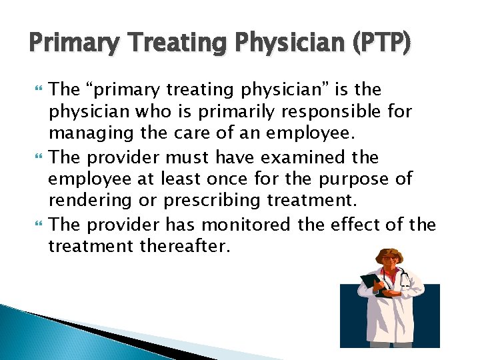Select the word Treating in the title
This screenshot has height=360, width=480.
click(171, 44)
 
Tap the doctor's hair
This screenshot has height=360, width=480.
click(388, 255)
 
